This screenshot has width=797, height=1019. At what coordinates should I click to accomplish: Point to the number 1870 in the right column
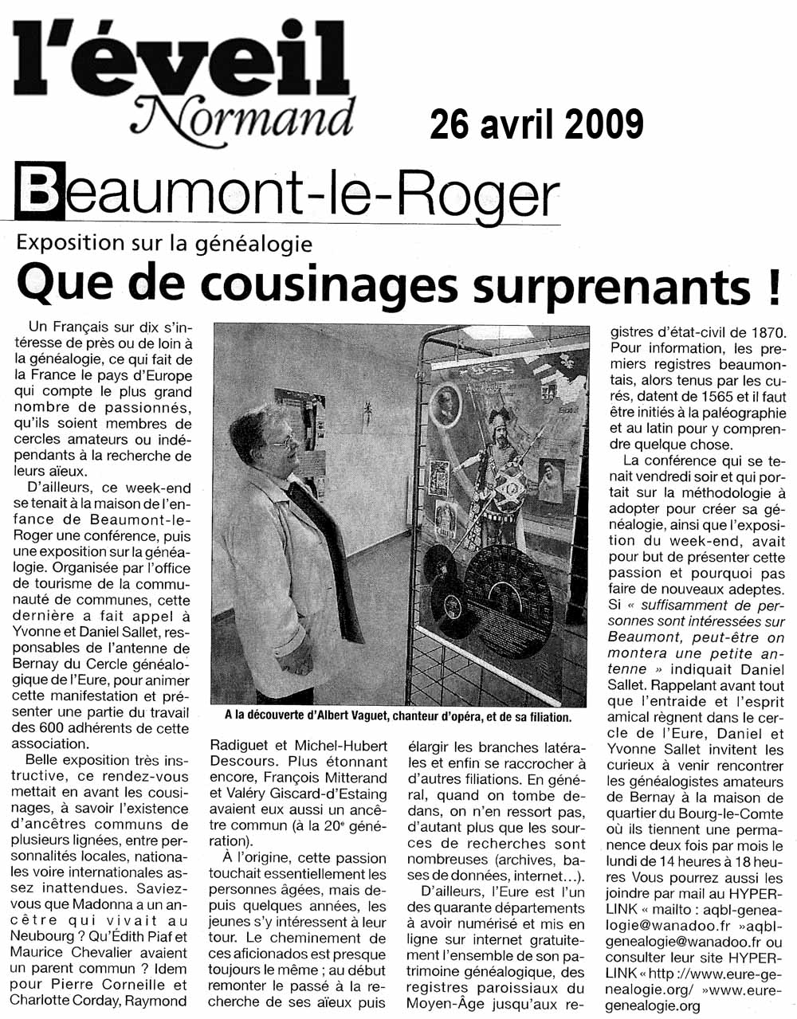tap(762, 331)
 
